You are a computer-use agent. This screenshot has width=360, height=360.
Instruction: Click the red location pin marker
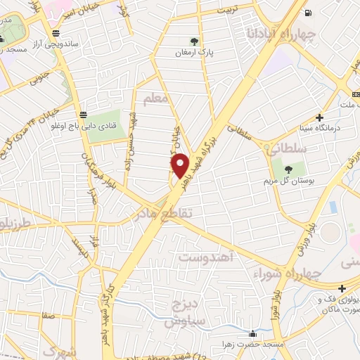pos(181,166)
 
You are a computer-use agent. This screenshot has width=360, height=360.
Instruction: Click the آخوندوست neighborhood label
pos(210,257)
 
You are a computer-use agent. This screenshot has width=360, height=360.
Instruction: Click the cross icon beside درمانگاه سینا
pos(320,117)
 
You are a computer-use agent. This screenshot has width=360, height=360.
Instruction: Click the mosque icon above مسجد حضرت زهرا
pos(252,333)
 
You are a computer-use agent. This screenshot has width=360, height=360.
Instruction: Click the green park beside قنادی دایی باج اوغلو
pos(104,122)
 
